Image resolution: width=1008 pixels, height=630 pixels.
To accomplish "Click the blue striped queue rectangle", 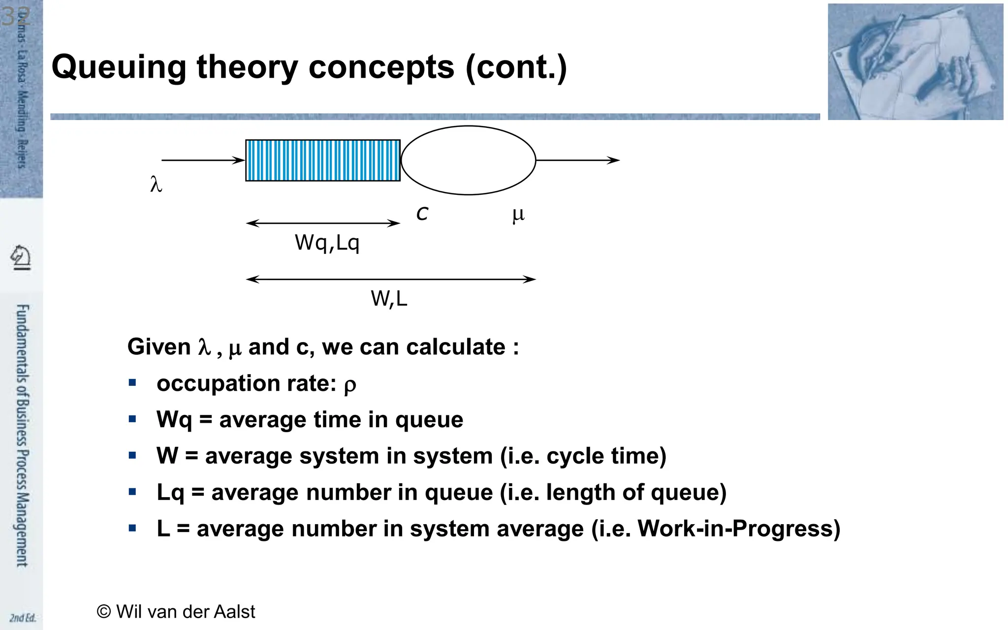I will (323, 160).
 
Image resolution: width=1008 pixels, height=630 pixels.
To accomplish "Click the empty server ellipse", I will (468, 160).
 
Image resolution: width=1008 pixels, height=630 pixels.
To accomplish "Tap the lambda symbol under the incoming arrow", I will (156, 185).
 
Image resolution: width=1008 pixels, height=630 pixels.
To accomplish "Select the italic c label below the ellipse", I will (422, 214).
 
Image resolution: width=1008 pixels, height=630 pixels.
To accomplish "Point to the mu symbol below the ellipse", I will (518, 215).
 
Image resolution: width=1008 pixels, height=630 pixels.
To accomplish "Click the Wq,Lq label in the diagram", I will (327, 243).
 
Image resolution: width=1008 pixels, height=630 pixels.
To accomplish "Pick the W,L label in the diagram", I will (389, 299).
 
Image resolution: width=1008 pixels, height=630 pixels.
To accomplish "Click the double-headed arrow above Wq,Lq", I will (323, 223).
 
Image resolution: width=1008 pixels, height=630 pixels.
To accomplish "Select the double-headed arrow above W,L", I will (391, 279).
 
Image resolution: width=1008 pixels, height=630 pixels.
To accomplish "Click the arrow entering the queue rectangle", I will (203, 160).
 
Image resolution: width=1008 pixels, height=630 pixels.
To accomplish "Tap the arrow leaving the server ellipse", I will (577, 160).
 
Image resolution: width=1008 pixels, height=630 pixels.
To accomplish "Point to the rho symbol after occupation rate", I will (349, 385).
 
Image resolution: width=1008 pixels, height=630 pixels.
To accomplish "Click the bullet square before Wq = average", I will (132, 419).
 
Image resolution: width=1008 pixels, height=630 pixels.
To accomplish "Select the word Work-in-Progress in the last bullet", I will (738, 529).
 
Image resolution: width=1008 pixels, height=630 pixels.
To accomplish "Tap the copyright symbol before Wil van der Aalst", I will (104, 612).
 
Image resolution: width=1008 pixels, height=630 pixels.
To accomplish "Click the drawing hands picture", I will (915, 62).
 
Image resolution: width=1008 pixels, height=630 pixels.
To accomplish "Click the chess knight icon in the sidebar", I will (21, 257).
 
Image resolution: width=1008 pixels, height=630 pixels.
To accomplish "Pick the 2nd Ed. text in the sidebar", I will (23, 618).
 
